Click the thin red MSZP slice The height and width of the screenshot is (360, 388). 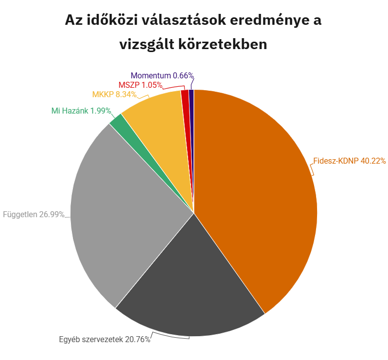click(185, 99)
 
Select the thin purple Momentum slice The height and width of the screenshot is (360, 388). click(191, 99)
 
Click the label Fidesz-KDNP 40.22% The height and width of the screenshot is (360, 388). click(349, 161)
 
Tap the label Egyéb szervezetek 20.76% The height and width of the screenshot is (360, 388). click(104, 340)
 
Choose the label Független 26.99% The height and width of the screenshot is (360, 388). click(34, 215)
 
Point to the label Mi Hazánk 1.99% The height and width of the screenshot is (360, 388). click(81, 111)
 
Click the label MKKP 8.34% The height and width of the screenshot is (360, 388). click(114, 94)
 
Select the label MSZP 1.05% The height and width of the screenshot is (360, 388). click(140, 85)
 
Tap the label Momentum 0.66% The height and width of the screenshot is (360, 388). click(162, 75)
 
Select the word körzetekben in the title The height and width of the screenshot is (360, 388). click(223, 44)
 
